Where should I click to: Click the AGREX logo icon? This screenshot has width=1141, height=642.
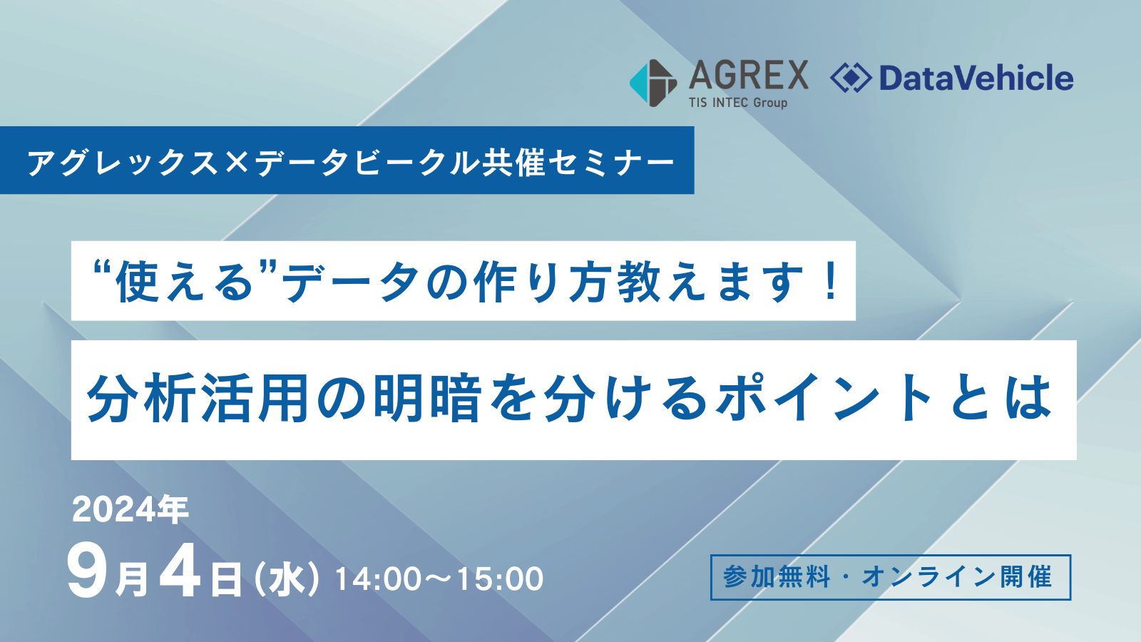pos(653,83)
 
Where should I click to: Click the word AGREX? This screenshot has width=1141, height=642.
pos(749,76)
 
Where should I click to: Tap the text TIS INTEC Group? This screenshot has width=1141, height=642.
pos(738,103)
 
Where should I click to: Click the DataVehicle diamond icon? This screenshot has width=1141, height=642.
pos(851,78)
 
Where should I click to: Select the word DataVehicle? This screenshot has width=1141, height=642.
pos(976,78)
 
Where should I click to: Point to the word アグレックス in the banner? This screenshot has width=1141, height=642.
pos(123,163)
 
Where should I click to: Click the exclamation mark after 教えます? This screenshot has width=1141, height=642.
pos(831,281)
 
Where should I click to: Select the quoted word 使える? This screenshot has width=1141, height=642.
pos(184,282)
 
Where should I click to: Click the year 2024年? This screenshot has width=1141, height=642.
pos(131,509)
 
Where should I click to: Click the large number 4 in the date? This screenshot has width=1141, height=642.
pos(180,571)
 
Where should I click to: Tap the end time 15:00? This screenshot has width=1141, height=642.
pos(499,579)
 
